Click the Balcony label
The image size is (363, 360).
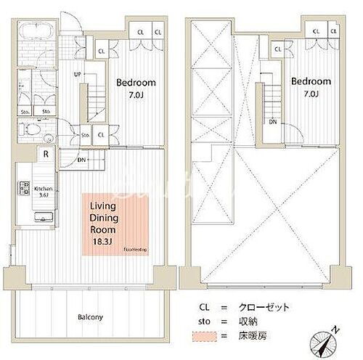(x=90, y=317)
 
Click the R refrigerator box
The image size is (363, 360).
(x=46, y=155)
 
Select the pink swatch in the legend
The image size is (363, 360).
(x=204, y=335)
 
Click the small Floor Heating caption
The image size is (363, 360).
(x=135, y=249)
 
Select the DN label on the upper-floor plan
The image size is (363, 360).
(x=273, y=123)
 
